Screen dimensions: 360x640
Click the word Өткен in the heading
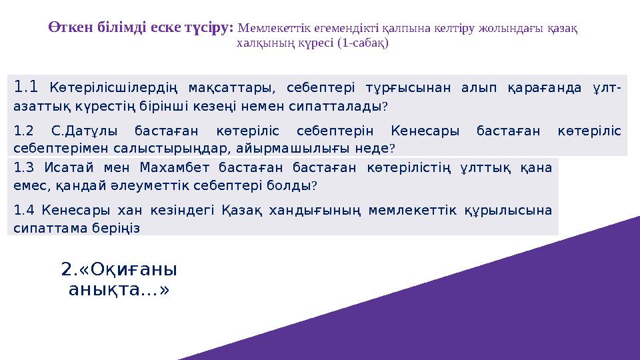point(68,28)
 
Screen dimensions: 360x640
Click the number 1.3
point(23,168)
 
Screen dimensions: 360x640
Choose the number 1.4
point(23,210)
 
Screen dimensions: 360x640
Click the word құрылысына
point(512,210)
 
